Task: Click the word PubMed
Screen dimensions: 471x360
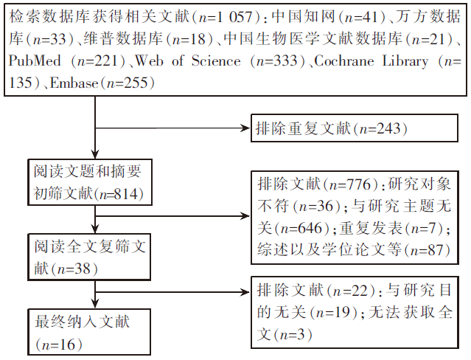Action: pyautogui.click(x=35, y=60)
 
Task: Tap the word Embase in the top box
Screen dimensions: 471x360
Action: pyautogui.click(x=74, y=83)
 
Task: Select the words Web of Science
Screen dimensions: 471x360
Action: pyautogui.click(x=188, y=60)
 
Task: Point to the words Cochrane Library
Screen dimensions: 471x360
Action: pyautogui.click(x=371, y=61)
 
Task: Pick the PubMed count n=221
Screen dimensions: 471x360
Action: pyautogui.click(x=98, y=61)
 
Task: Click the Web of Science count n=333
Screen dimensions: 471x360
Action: pyautogui.click(x=276, y=61)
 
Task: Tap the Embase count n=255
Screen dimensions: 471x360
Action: pyautogui.click(x=128, y=83)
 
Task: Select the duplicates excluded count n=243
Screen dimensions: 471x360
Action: pyautogui.click(x=380, y=128)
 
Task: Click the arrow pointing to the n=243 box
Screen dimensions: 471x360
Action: pyautogui.click(x=172, y=128)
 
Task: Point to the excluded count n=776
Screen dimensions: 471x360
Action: pyautogui.click(x=350, y=184)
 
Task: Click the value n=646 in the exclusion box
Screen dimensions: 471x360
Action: pyautogui.click(x=301, y=228)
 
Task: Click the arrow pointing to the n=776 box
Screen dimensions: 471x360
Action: pyautogui.click(x=172, y=215)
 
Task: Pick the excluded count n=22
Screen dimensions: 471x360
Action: pyautogui.click(x=351, y=291)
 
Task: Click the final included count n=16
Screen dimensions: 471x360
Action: pyautogui.click(x=58, y=345)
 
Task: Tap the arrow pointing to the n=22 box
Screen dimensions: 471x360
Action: pyautogui.click(x=172, y=291)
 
